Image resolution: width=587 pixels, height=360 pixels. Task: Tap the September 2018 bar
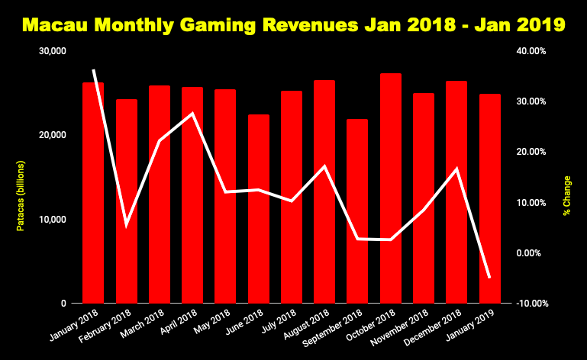(357, 214)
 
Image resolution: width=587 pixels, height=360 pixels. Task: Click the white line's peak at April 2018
(192, 113)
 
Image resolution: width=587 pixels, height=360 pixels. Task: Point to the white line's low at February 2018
(126, 225)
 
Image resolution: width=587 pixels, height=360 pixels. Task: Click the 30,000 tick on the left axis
(53, 51)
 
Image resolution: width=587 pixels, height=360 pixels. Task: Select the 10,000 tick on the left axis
(53, 220)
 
